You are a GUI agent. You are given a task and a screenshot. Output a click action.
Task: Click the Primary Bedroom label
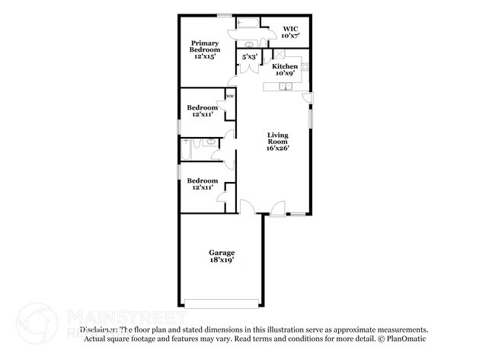click(x=206, y=46)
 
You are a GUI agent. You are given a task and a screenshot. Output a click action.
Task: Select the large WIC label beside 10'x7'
click(x=291, y=28)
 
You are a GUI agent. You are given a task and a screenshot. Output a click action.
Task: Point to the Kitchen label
click(x=285, y=66)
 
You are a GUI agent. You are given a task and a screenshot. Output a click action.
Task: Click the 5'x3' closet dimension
click(x=249, y=56)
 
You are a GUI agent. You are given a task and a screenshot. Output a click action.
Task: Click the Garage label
click(x=222, y=252)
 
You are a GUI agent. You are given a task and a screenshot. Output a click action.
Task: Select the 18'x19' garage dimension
click(x=222, y=260)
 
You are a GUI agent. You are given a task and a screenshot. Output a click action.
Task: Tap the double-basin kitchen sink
click(x=283, y=86)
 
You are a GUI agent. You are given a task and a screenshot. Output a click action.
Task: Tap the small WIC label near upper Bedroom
click(x=228, y=97)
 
